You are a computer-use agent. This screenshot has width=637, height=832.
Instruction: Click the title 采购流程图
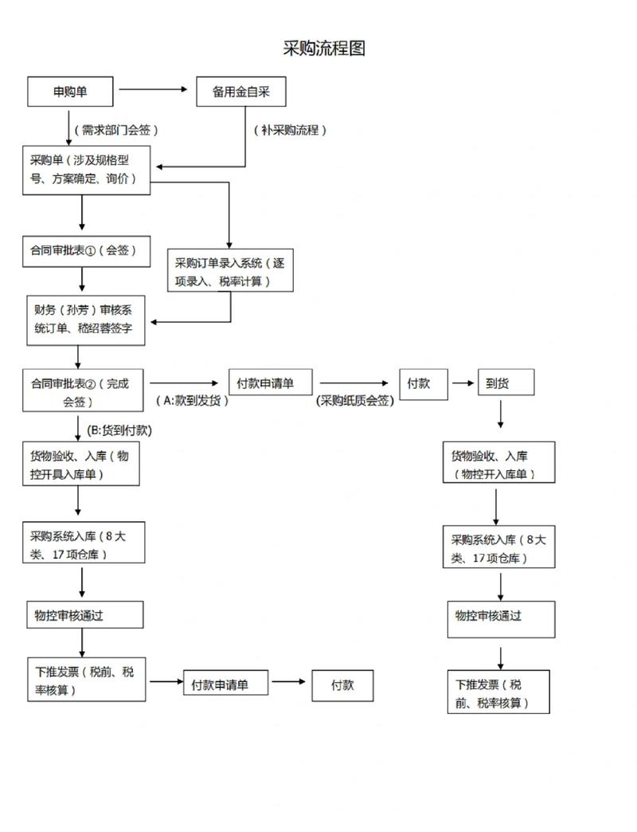[324, 49]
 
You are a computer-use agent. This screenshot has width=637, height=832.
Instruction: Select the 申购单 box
[71, 92]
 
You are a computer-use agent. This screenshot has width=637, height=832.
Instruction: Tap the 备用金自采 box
[240, 92]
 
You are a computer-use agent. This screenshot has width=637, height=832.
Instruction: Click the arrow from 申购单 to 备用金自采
[154, 90]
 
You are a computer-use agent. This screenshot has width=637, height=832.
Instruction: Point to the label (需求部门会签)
[117, 130]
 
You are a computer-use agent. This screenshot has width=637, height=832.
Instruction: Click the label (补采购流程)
[291, 130]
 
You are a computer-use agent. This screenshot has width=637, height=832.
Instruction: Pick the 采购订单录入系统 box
[230, 272]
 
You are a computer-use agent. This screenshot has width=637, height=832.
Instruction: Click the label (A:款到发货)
[192, 401]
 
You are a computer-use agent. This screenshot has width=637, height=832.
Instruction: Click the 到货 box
[505, 383]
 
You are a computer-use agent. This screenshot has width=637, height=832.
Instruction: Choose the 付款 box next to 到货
[424, 383]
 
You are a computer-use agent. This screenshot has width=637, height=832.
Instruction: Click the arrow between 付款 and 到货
[462, 383]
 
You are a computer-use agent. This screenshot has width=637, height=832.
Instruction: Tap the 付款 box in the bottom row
[342, 685]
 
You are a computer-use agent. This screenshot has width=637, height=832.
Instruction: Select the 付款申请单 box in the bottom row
[225, 685]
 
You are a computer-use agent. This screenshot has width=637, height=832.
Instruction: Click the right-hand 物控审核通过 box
[501, 616]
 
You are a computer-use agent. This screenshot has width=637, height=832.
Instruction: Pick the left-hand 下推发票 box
[84, 680]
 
